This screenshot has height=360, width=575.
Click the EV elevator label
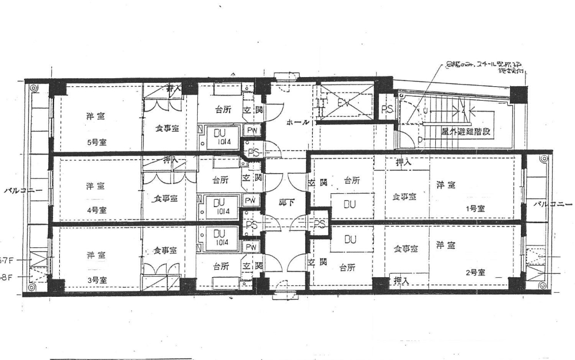point(344,104)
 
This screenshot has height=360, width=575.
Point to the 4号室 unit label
point(96,210)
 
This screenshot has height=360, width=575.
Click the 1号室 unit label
point(475,209)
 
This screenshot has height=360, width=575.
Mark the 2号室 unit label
point(476,273)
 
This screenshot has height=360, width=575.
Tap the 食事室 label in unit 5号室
point(166,129)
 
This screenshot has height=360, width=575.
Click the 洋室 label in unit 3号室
point(95,255)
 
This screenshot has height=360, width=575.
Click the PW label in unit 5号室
point(252,131)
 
